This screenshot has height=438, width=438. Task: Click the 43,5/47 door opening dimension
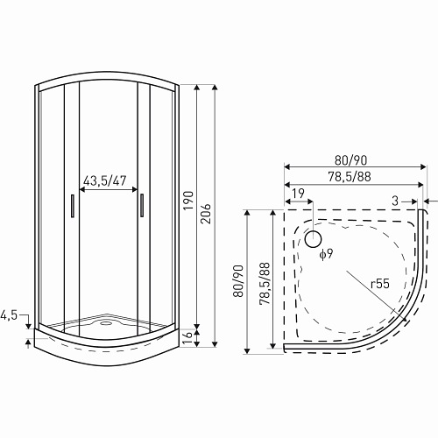click(104, 180)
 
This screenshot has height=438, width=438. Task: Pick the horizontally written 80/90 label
click(350, 160)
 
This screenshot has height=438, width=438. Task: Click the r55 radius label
click(380, 283)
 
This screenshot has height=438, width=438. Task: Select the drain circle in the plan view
click(313, 237)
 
